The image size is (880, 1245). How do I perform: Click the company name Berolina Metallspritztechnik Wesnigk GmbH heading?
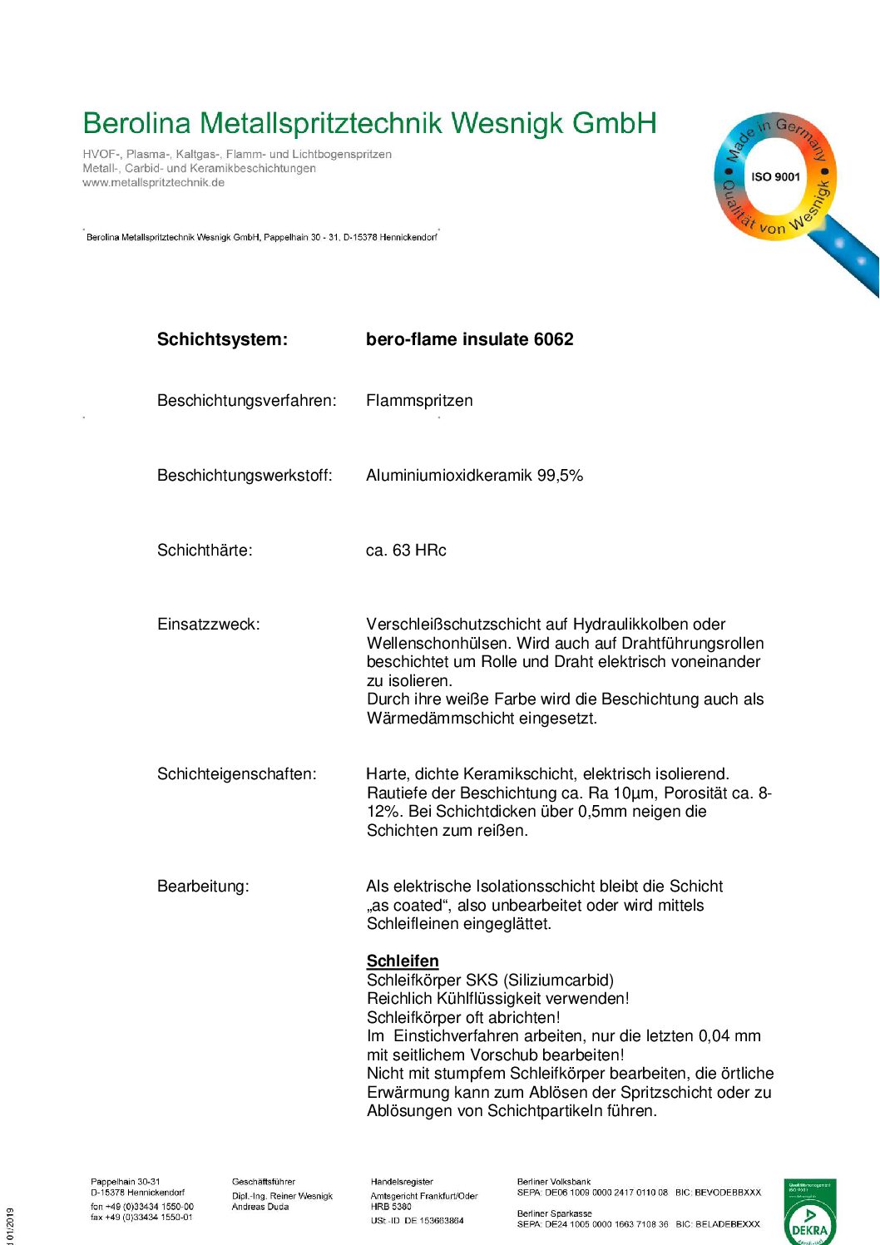369,124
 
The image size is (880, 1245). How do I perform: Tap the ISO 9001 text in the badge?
775,177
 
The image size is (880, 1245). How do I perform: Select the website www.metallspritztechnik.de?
153,183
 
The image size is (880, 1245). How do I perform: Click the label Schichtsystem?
222,339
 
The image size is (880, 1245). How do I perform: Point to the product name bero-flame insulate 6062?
469,339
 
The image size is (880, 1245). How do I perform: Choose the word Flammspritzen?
419,401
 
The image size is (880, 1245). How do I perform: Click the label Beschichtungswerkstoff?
245,476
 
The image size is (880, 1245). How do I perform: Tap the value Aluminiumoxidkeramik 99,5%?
474,476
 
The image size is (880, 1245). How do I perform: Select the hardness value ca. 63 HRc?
406,551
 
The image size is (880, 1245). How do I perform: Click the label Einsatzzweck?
208,625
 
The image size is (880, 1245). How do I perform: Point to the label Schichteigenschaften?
236,774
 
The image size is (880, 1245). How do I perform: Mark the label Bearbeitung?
203,887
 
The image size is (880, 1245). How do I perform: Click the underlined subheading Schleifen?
403,961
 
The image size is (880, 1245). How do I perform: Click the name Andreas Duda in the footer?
260,1207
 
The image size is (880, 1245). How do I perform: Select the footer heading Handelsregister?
402,1182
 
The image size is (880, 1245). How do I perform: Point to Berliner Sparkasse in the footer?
554,1213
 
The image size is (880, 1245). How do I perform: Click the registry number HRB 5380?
391,1207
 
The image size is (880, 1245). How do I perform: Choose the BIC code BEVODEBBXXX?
728,1193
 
